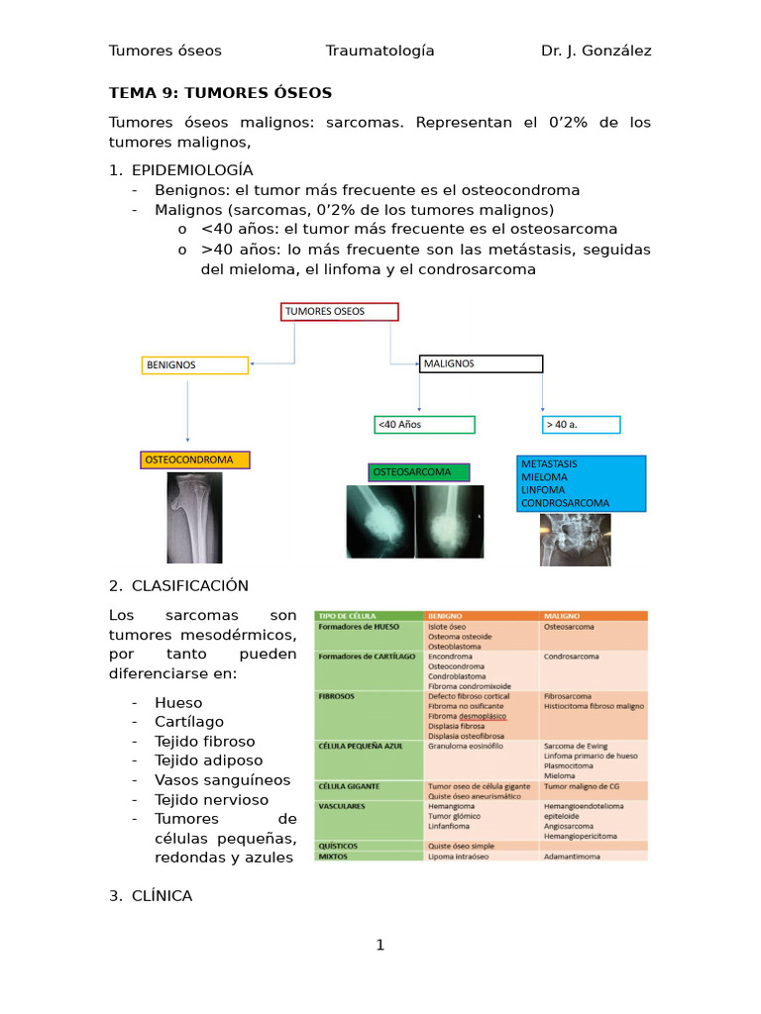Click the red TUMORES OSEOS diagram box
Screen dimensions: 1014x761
coord(340,312)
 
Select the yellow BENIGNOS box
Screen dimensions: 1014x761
coord(194,365)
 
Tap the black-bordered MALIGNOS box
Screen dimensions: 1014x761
coord(481,363)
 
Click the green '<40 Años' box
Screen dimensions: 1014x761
coord(424,425)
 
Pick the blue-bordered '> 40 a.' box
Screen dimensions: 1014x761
coord(581,425)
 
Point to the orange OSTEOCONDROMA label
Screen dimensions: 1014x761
coord(195,460)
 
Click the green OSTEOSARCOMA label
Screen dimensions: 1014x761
coord(419,472)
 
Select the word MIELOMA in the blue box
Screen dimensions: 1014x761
coord(543,476)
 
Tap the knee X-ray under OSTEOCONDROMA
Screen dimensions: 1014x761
coord(194,517)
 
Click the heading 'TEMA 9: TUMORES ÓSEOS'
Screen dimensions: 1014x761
coord(220,93)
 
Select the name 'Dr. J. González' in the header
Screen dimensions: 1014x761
coord(597,51)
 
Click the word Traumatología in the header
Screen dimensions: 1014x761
coord(380,51)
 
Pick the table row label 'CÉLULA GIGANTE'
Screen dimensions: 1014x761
coord(348,786)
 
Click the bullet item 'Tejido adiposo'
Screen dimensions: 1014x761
coord(208,760)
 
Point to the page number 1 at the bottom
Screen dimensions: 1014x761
coord(380,946)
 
